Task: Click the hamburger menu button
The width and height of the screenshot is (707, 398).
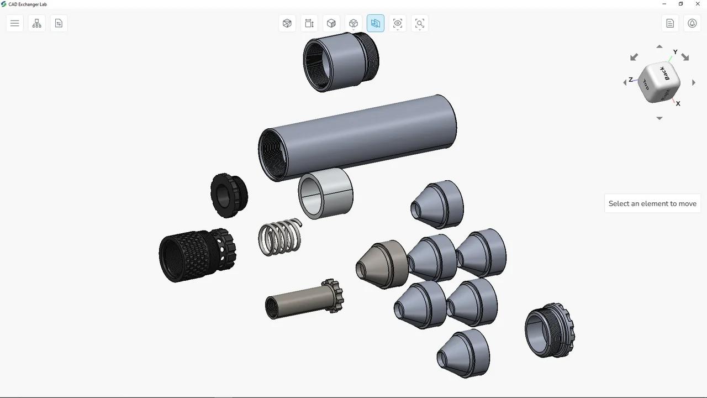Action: pos(15,23)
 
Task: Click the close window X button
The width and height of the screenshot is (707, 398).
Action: pos(698,4)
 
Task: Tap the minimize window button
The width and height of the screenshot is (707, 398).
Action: pos(664,4)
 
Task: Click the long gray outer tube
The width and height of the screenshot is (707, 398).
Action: pos(365,135)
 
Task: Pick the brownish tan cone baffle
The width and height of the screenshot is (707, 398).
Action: pos(382,264)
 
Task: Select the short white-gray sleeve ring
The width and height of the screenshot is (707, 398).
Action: pos(326,193)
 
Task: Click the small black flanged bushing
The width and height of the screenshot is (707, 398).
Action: pos(229,195)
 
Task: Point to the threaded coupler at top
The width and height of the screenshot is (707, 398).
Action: pos(340,60)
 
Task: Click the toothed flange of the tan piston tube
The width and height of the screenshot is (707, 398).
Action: pos(333,295)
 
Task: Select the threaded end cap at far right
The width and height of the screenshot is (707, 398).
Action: pos(549,330)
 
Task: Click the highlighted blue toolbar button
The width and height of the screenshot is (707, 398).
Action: pos(376,23)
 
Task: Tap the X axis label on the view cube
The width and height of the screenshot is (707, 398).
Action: pos(678,103)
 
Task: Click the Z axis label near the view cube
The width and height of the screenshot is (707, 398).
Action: pos(631,80)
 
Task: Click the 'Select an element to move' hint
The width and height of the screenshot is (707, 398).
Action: pos(652,203)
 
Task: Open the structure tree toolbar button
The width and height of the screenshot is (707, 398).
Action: pos(37,23)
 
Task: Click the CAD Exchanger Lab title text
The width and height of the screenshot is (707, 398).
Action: pos(28,4)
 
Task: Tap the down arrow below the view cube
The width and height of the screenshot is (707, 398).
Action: pos(659,118)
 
